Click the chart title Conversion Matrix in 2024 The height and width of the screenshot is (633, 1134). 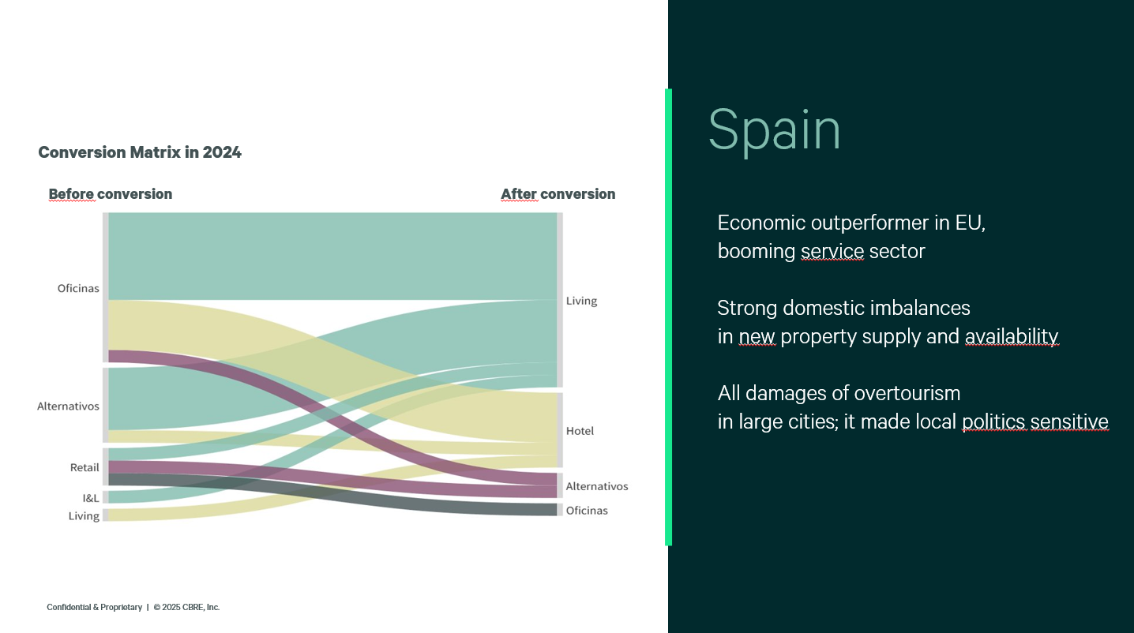tap(140, 152)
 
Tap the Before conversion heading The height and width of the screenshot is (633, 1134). tap(111, 194)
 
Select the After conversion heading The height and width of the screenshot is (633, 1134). tap(558, 194)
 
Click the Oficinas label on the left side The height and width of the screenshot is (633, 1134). tap(78, 288)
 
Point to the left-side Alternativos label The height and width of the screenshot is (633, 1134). tap(68, 406)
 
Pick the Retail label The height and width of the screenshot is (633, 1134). tap(84, 467)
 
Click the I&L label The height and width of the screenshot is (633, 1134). tap(91, 498)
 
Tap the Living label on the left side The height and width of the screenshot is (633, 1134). tap(84, 516)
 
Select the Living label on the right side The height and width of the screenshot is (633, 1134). tap(582, 301)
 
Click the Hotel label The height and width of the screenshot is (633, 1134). tap(580, 431)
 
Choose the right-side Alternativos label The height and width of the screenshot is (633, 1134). tap(597, 486)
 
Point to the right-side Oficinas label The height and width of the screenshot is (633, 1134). tap(587, 511)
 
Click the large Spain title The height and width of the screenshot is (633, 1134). tap(774, 130)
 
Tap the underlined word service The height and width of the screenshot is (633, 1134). tap(832, 252)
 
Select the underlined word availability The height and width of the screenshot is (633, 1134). tap(1012, 336)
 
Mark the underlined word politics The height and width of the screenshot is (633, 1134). tap(993, 422)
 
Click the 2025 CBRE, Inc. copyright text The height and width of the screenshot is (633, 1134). tap(187, 607)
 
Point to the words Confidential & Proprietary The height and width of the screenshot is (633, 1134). tap(94, 607)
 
